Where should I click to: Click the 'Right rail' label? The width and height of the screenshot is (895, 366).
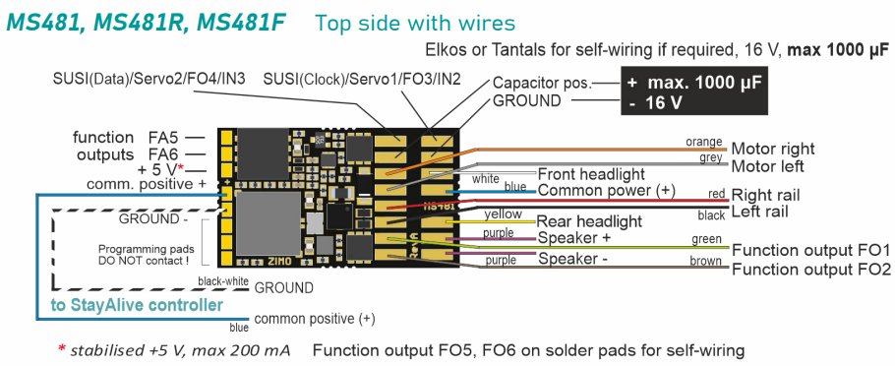[774, 195]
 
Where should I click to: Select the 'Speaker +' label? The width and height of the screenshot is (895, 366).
[573, 238]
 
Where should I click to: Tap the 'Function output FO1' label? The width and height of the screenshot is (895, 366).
[811, 250]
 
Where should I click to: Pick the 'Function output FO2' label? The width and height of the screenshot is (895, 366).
[811, 269]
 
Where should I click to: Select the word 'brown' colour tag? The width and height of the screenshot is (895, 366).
[706, 260]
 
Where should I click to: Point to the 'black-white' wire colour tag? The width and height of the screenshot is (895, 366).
[222, 280]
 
